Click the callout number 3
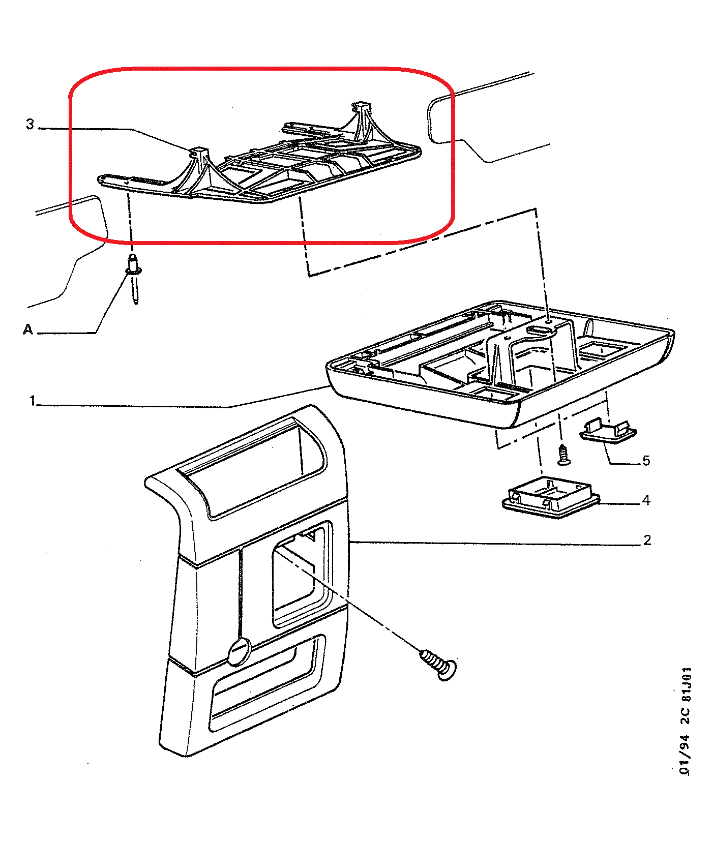tap(30, 124)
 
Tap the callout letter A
tap(28, 330)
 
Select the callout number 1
tap(33, 401)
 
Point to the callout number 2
tap(647, 540)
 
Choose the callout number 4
tap(646, 500)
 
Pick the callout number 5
tap(646, 461)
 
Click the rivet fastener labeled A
tap(134, 278)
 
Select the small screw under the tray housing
tap(563, 455)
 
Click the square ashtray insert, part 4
tap(551, 498)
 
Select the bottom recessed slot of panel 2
tap(267, 681)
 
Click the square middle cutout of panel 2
tap(300, 575)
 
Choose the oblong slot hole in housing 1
tap(542, 330)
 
